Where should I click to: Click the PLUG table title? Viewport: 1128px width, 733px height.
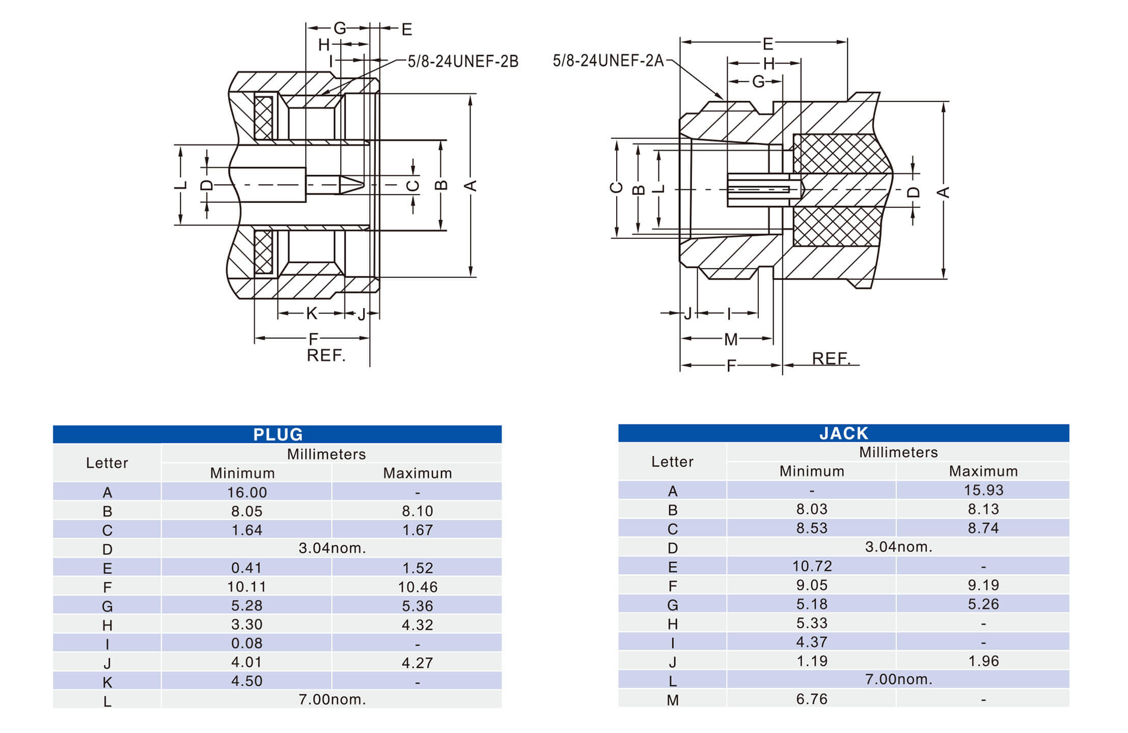pos(278,434)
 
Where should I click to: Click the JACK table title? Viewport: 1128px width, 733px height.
pos(843,433)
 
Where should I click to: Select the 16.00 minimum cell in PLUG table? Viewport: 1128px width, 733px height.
pos(247,492)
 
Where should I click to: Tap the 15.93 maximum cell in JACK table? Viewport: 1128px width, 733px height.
pos(983,490)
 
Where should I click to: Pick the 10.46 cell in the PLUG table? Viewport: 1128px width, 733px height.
pos(418,587)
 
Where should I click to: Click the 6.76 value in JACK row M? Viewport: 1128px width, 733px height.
pos(812,699)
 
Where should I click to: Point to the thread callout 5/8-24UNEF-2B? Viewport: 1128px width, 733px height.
pos(463,62)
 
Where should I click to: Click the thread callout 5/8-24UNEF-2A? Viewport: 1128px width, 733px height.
pos(608,61)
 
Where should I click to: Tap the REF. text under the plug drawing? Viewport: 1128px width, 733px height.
pos(326,355)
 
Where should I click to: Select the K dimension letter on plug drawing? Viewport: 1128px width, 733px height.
pos(312,314)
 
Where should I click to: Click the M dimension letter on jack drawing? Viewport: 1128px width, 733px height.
pos(730,339)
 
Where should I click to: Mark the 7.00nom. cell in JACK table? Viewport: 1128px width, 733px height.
pos(898,679)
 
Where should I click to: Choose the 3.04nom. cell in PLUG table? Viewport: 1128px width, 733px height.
pos(332,548)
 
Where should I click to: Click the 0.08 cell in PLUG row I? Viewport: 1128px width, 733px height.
pos(247,643)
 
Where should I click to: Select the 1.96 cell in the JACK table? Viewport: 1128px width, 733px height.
pos(983,661)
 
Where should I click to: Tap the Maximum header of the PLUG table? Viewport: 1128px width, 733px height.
pos(418,473)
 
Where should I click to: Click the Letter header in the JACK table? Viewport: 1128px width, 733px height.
pos(672,462)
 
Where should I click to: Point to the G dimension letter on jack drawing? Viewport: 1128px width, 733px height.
pos(758,81)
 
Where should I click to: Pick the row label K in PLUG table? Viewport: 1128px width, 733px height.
pos(107,682)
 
